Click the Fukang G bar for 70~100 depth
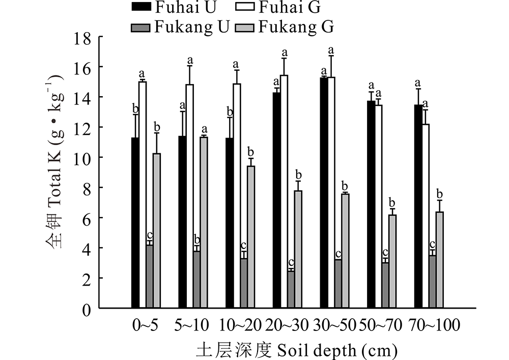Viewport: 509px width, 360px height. (440, 260)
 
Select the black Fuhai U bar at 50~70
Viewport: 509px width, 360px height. (372, 204)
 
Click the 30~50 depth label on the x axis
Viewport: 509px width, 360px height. (339, 324)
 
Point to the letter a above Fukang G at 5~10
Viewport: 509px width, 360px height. (205, 129)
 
